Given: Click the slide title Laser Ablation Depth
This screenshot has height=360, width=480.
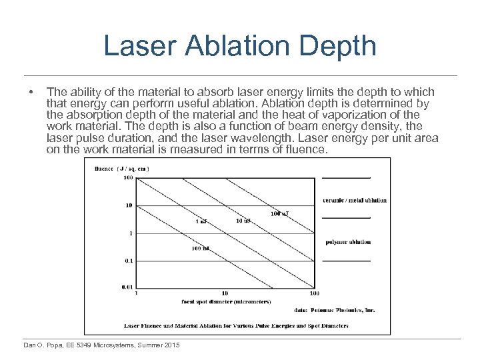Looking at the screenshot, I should click(240, 47).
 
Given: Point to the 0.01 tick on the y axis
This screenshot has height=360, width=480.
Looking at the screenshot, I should click(127, 287).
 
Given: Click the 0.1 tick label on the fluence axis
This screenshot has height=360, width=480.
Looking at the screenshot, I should click(129, 261).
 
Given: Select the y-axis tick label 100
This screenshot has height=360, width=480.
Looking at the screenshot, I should click(128, 178).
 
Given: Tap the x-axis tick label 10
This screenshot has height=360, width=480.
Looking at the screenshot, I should click(225, 293).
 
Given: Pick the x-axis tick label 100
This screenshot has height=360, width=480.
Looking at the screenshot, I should click(314, 293).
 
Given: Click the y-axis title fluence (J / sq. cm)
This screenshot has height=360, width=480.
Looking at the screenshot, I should click(121, 168).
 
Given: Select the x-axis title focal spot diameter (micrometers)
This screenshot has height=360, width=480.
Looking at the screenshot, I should click(226, 302).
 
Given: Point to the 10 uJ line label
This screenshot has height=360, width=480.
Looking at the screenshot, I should click(243, 221).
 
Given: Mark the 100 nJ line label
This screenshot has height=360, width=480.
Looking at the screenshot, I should click(201, 249).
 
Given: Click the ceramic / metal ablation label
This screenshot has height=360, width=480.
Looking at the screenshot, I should click(354, 200).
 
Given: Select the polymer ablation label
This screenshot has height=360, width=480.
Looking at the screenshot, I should click(348, 242).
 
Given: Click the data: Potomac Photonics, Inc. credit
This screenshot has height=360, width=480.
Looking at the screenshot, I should click(334, 310).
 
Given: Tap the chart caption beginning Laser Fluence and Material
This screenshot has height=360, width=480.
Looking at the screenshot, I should click(236, 326).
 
